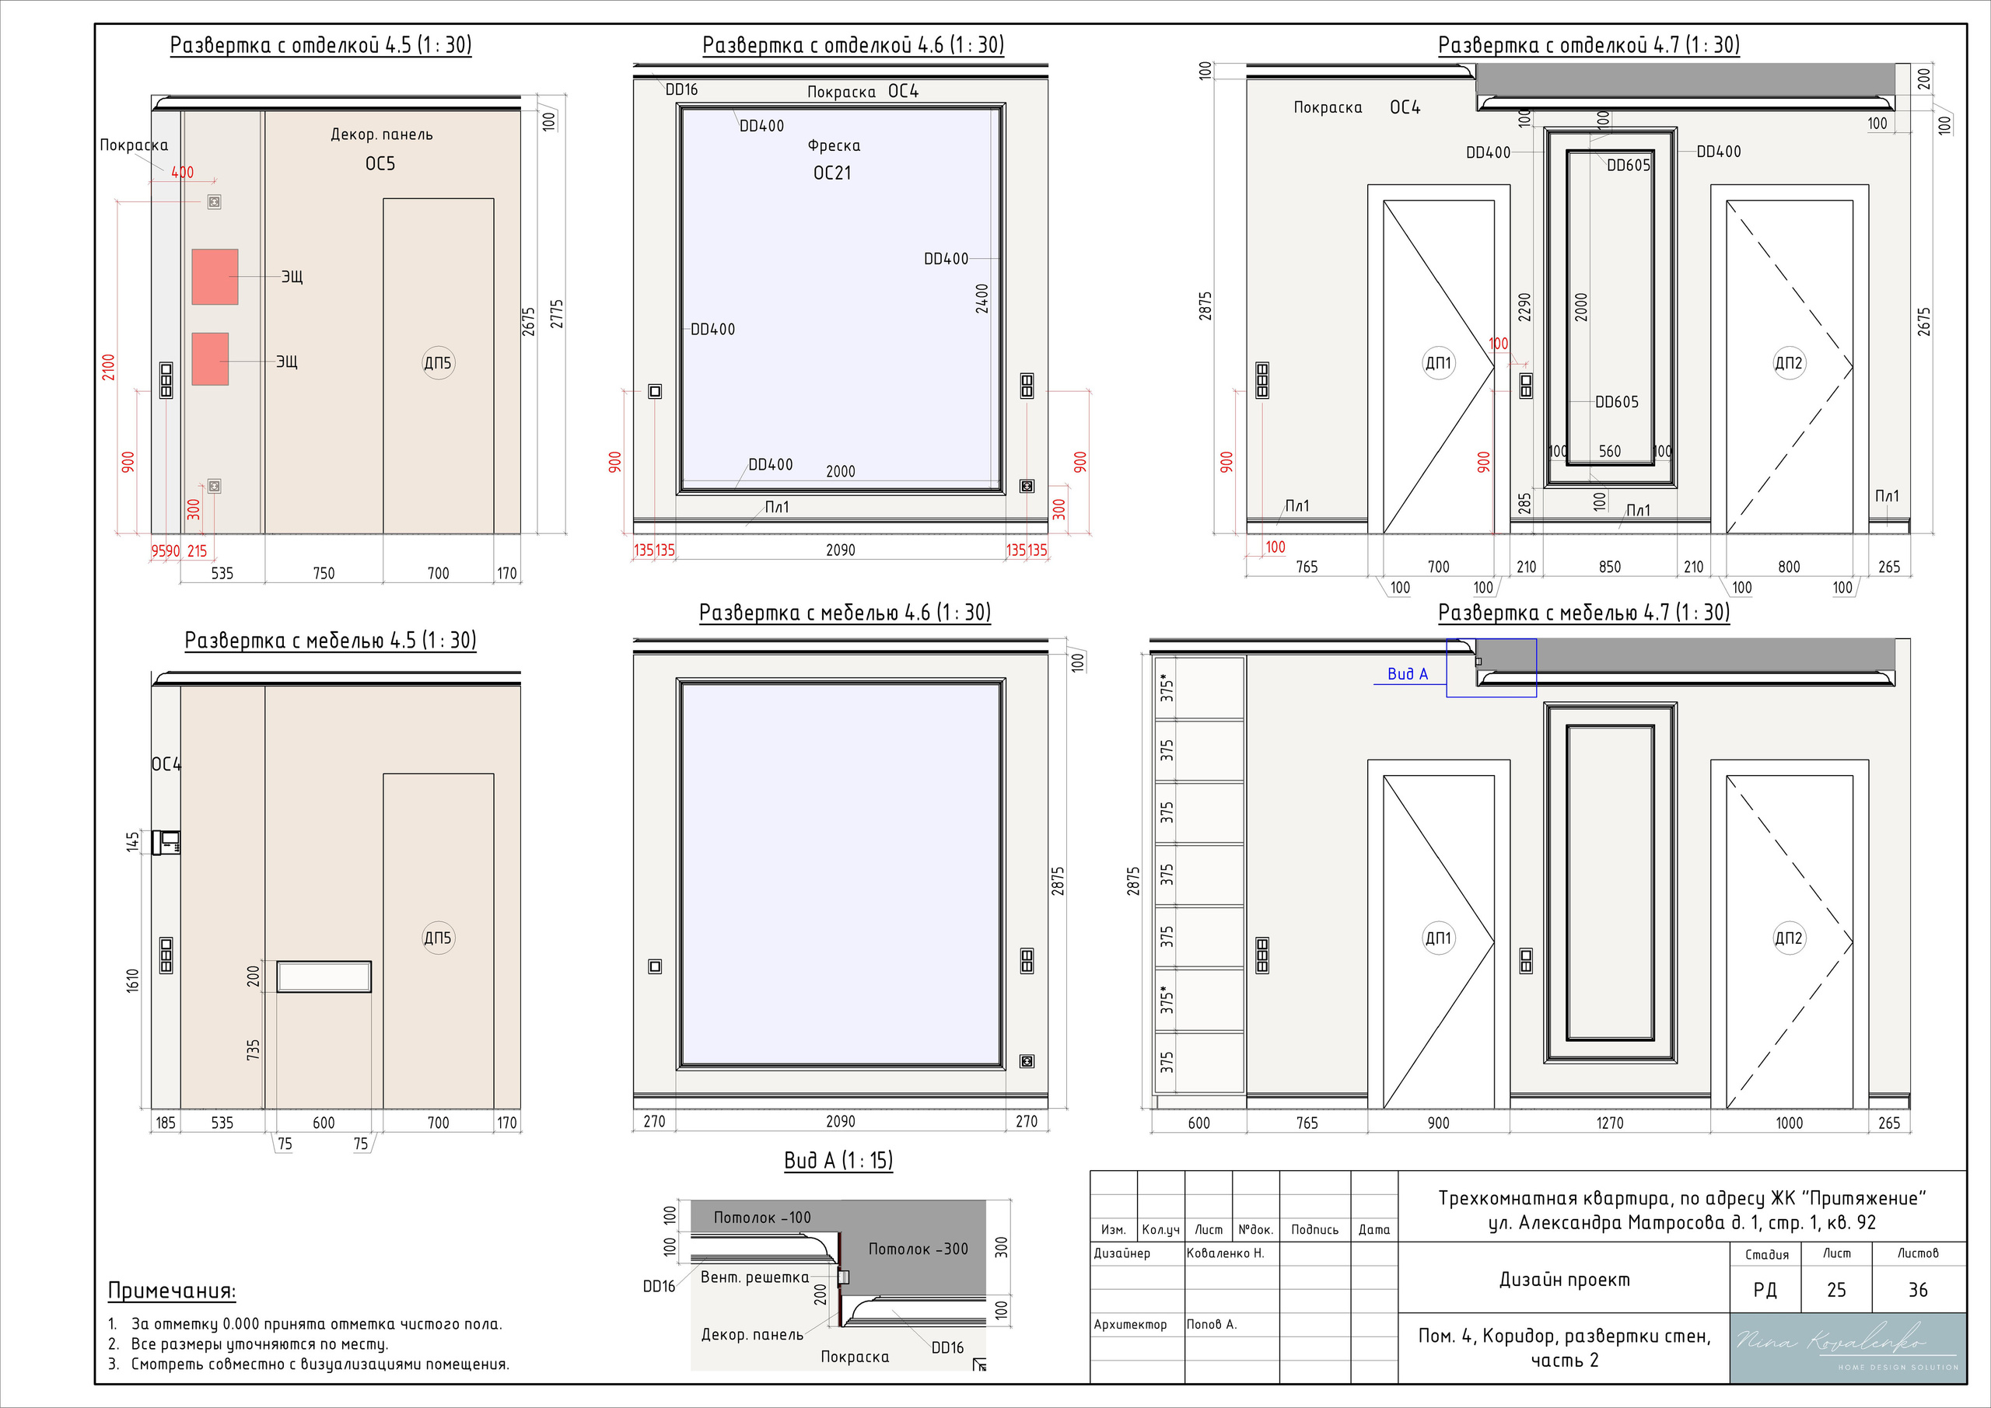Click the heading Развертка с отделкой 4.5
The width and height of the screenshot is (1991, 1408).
tap(321, 45)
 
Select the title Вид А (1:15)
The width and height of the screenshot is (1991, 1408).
tap(838, 1161)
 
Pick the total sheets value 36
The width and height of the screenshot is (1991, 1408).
tap(1918, 1290)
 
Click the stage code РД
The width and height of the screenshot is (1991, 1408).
tap(1765, 1290)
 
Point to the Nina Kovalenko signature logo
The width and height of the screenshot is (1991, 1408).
tap(1848, 1347)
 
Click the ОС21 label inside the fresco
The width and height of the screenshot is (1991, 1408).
tap(832, 173)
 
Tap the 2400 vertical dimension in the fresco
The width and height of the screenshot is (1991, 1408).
tap(982, 299)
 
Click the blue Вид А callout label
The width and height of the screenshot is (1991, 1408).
tap(1408, 673)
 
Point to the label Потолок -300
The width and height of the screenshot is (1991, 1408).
tap(919, 1249)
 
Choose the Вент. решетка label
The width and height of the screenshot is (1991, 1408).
tap(754, 1277)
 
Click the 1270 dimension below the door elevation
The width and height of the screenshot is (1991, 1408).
tap(1609, 1123)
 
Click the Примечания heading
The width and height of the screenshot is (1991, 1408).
tap(172, 1291)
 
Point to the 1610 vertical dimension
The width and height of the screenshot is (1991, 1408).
tap(133, 980)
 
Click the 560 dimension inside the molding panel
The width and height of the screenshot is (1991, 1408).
tap(1609, 452)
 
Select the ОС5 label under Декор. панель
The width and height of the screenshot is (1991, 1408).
tap(380, 164)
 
